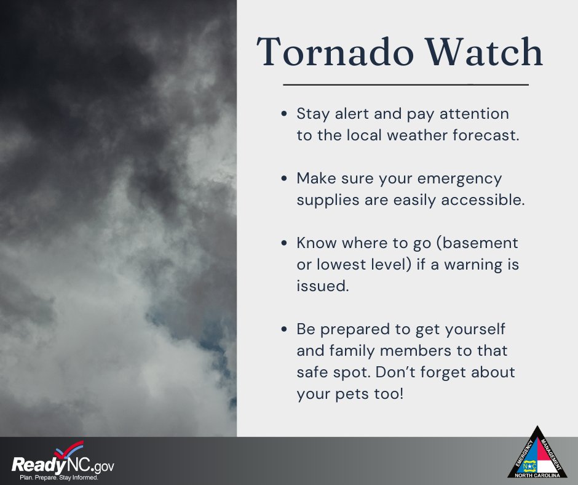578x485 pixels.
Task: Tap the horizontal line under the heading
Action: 406,84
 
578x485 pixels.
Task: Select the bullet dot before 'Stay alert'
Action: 283,114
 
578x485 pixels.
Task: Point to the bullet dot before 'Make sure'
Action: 283,178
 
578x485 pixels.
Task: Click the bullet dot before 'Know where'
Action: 283,242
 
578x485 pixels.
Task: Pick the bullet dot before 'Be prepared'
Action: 283,329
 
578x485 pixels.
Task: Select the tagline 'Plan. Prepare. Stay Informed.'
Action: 59,477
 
